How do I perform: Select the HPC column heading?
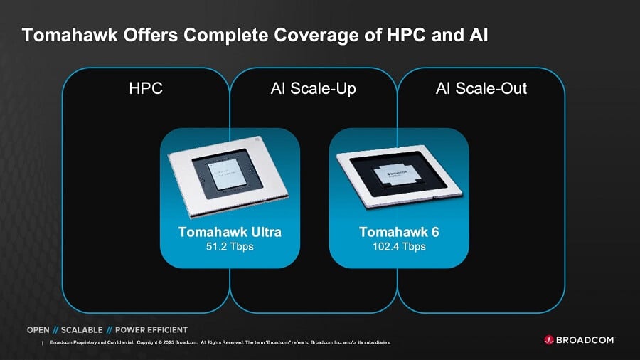(x=146, y=89)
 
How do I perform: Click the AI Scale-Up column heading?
(x=313, y=89)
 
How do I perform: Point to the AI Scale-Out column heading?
(x=481, y=89)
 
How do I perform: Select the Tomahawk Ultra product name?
(x=230, y=233)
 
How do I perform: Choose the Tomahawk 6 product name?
(x=399, y=233)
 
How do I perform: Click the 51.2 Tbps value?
(x=230, y=247)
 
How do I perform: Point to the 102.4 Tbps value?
(x=399, y=247)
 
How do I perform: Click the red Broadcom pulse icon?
(x=549, y=340)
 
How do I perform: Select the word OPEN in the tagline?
(x=38, y=330)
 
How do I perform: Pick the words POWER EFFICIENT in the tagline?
(x=151, y=330)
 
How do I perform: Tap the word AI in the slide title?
(x=479, y=35)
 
